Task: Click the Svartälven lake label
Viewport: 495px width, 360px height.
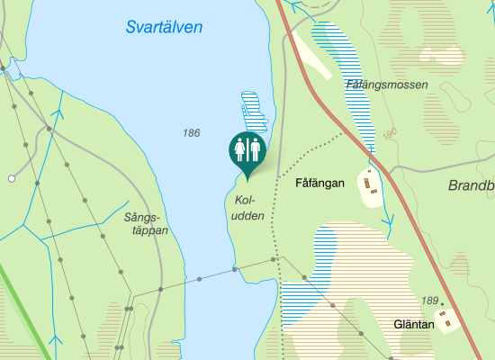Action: (164, 28)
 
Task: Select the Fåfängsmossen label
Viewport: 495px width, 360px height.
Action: (386, 85)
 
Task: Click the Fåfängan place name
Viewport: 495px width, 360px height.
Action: (320, 183)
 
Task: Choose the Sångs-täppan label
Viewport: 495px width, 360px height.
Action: (146, 224)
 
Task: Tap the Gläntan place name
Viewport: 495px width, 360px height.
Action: (414, 324)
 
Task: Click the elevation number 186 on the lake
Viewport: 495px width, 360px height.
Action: (190, 133)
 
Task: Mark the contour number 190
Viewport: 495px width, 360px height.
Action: (390, 134)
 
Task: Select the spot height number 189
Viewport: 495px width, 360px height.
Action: (429, 301)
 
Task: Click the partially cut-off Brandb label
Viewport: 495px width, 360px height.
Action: (471, 186)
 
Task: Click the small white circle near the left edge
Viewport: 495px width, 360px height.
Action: (12, 179)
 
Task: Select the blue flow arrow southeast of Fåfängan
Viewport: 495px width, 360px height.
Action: (389, 220)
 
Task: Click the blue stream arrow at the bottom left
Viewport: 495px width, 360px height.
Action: (55, 341)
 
